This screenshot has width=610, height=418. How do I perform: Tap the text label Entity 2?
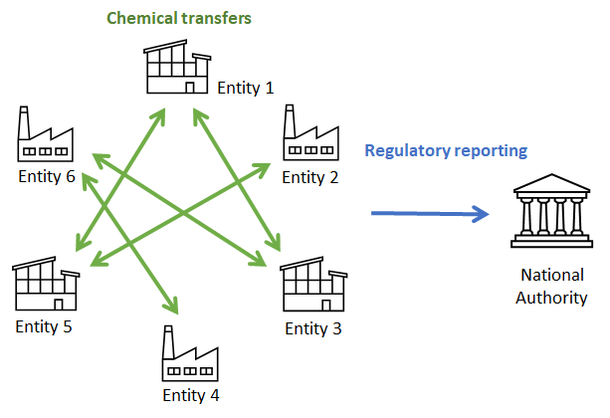310,177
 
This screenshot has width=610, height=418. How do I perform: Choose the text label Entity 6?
47,176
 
